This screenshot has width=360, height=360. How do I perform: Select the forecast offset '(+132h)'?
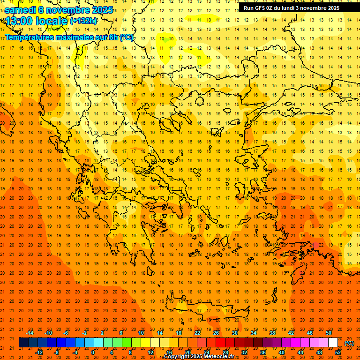point(83,21)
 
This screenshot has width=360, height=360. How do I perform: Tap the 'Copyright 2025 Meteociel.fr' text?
point(199,357)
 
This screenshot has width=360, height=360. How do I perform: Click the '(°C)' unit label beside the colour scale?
point(349,343)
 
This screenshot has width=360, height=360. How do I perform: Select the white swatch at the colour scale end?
point(333,343)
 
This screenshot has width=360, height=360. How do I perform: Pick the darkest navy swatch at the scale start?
point(24,343)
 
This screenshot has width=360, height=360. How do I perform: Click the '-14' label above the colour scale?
point(30,333)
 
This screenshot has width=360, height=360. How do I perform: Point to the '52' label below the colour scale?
point(338,352)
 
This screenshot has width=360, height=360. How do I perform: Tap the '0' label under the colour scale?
point(93,352)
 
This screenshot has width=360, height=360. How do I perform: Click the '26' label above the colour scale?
point(216,333)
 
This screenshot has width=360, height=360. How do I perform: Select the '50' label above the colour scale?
point(329,333)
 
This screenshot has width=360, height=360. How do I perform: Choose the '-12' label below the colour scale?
point(39,352)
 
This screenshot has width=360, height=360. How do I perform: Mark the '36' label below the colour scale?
point(263,352)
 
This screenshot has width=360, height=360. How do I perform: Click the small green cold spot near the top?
point(165,40)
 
